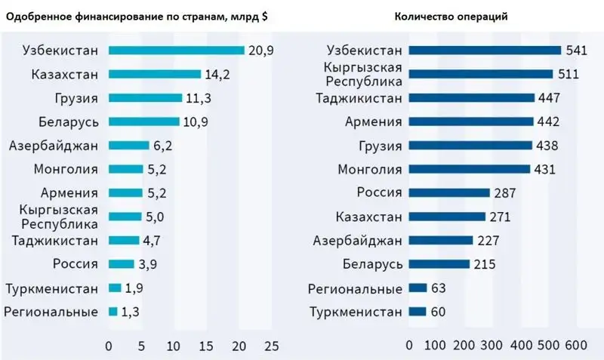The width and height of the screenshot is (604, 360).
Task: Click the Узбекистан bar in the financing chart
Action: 176,51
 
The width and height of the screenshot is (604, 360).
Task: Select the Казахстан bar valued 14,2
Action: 154,74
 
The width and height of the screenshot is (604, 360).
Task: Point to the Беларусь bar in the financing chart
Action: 143,122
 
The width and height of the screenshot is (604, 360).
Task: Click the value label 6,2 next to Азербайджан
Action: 163,145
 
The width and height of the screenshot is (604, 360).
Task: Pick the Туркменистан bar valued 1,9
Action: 115,288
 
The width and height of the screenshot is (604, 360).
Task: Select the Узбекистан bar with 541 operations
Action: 485,51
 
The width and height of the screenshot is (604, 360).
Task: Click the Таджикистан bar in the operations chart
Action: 471,98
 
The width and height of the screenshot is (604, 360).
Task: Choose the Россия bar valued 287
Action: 449,192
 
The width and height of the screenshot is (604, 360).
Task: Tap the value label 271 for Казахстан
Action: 500,217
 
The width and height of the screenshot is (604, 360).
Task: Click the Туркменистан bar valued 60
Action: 417,311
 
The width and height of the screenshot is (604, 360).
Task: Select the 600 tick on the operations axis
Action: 575,346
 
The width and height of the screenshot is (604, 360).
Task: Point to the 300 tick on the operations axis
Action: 492,346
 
